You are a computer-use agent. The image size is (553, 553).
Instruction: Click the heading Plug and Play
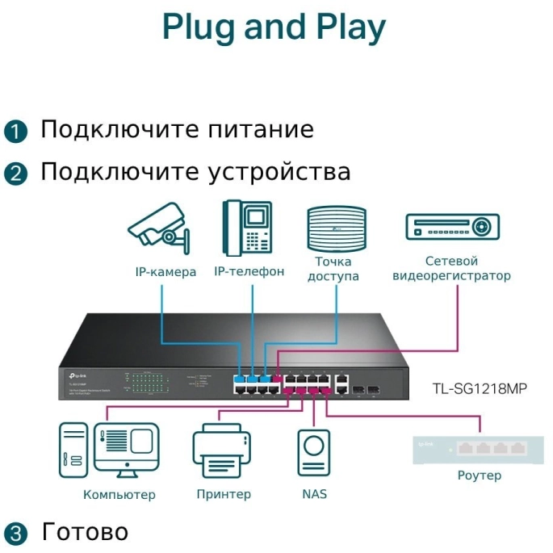tap(274, 28)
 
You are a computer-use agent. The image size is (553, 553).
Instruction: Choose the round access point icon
tap(333, 228)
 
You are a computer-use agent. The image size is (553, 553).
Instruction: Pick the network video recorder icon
tap(452, 227)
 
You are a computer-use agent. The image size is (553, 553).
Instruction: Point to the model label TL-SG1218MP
tap(480, 388)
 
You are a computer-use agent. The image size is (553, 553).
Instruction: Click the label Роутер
tap(479, 475)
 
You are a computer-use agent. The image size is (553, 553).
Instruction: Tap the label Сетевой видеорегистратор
tap(451, 268)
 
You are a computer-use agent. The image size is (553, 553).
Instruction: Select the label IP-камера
tap(165, 272)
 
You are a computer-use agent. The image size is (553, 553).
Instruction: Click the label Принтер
tap(224, 494)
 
